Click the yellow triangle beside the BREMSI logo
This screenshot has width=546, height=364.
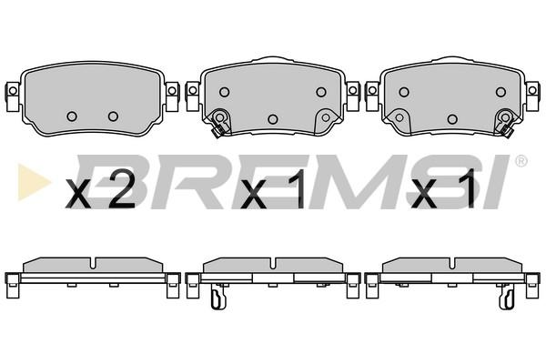33,181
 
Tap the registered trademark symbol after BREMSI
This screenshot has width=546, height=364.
521,161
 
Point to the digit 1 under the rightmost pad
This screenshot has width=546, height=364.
468,189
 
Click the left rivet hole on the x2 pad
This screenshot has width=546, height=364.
72,116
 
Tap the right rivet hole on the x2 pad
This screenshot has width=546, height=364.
113,116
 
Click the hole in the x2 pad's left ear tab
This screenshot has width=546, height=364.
13,91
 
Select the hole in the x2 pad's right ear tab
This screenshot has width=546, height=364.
172,91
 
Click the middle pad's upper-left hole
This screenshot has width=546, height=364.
225,92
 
